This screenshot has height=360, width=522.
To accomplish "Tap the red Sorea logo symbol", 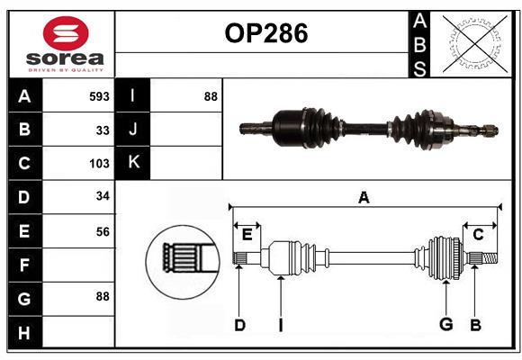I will [67, 36].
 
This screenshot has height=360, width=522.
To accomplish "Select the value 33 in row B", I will [103, 130].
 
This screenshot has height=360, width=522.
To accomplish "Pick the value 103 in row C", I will [100, 164].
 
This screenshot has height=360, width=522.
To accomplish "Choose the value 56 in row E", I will [103, 231].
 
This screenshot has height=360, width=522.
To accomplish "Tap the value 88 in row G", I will [103, 296].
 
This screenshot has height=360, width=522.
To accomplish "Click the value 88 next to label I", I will [210, 95].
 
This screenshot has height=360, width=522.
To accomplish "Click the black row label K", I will [133, 163].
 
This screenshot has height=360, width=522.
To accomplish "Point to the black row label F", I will [24, 265].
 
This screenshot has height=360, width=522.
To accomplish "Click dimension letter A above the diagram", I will [364, 198].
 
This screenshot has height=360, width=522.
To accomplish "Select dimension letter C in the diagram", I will [478, 234].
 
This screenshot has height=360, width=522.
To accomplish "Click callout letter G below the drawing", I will [445, 325].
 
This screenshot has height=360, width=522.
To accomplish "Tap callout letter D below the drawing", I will [239, 325].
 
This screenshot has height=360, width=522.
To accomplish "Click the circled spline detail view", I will [182, 258].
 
